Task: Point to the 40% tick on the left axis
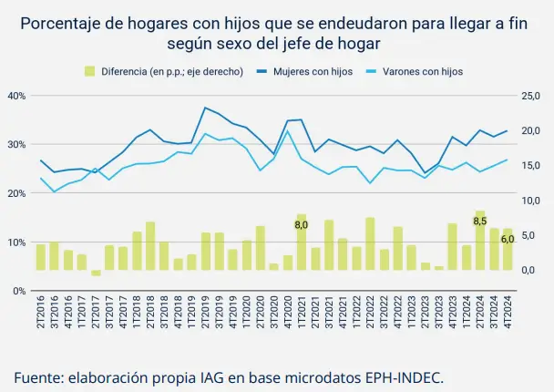(x=16, y=95)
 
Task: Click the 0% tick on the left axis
(x=19, y=291)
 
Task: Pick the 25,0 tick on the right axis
(x=530, y=95)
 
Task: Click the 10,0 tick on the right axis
(x=530, y=201)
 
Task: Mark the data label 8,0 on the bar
(x=302, y=223)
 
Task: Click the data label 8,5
(x=480, y=221)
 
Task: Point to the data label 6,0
(x=508, y=239)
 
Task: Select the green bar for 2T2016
(x=41, y=257)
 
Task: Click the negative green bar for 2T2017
(x=96, y=273)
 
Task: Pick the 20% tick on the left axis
(x=16, y=193)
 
